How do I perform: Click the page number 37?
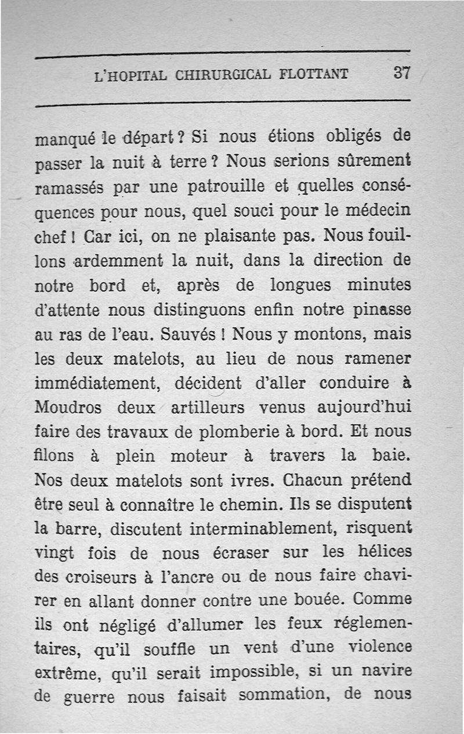402,73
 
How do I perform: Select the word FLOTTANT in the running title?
313,74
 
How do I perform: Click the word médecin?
380,212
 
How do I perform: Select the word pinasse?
382,310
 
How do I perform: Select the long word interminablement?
253,530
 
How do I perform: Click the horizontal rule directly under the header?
223,104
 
